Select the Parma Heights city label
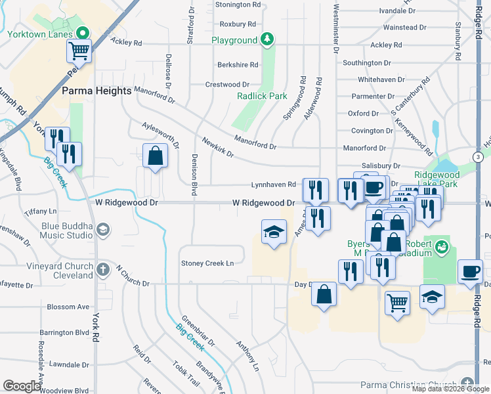96,91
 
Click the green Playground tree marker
267,40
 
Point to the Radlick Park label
262,96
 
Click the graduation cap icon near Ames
274,231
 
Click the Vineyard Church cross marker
102,269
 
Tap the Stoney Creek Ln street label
207,263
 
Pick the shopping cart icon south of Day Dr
396,303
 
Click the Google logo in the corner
22,386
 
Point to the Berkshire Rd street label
238,65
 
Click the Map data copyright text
450,389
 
